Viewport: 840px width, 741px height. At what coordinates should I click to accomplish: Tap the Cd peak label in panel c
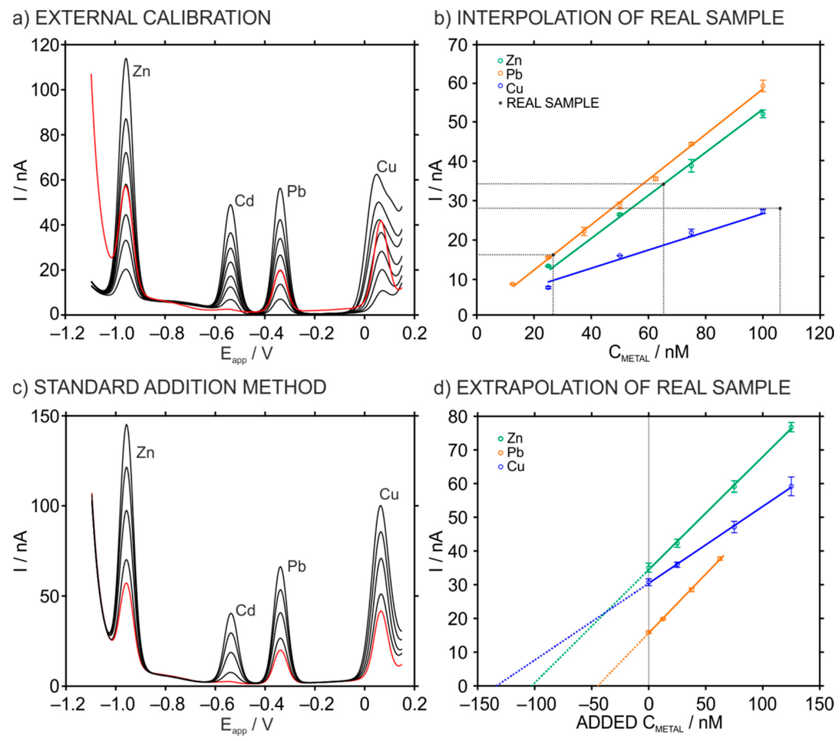[x=245, y=611]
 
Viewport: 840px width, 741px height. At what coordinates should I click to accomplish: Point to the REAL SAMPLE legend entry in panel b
[x=552, y=103]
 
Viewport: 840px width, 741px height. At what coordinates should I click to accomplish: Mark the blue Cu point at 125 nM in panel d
[x=791, y=486]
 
